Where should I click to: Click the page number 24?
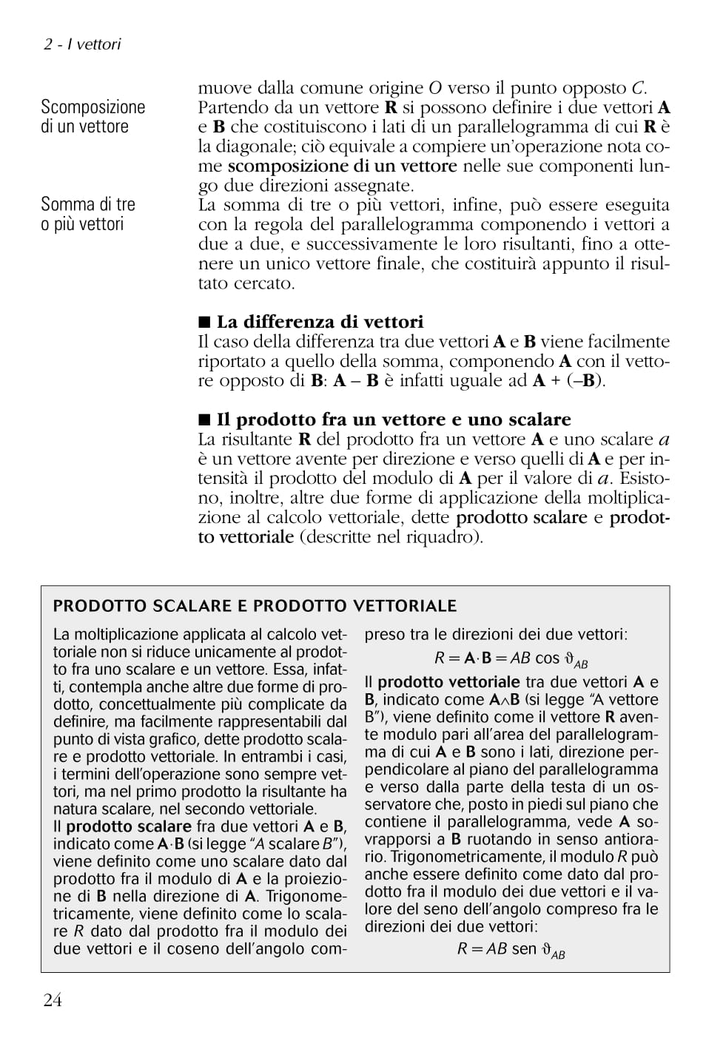tap(53, 1000)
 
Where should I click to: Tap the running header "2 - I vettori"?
tap(81, 44)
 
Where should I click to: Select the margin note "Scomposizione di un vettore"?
tap(93, 117)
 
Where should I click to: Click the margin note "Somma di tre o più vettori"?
tap(88, 214)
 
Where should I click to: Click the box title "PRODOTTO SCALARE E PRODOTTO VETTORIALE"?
tap(255, 607)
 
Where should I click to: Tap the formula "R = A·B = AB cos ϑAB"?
tap(511, 658)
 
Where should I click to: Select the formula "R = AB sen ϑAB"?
tap(511, 950)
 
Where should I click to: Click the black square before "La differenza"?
tap(204, 323)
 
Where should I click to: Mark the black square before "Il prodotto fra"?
tap(204, 420)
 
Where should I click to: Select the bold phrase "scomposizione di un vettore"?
tap(342, 166)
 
